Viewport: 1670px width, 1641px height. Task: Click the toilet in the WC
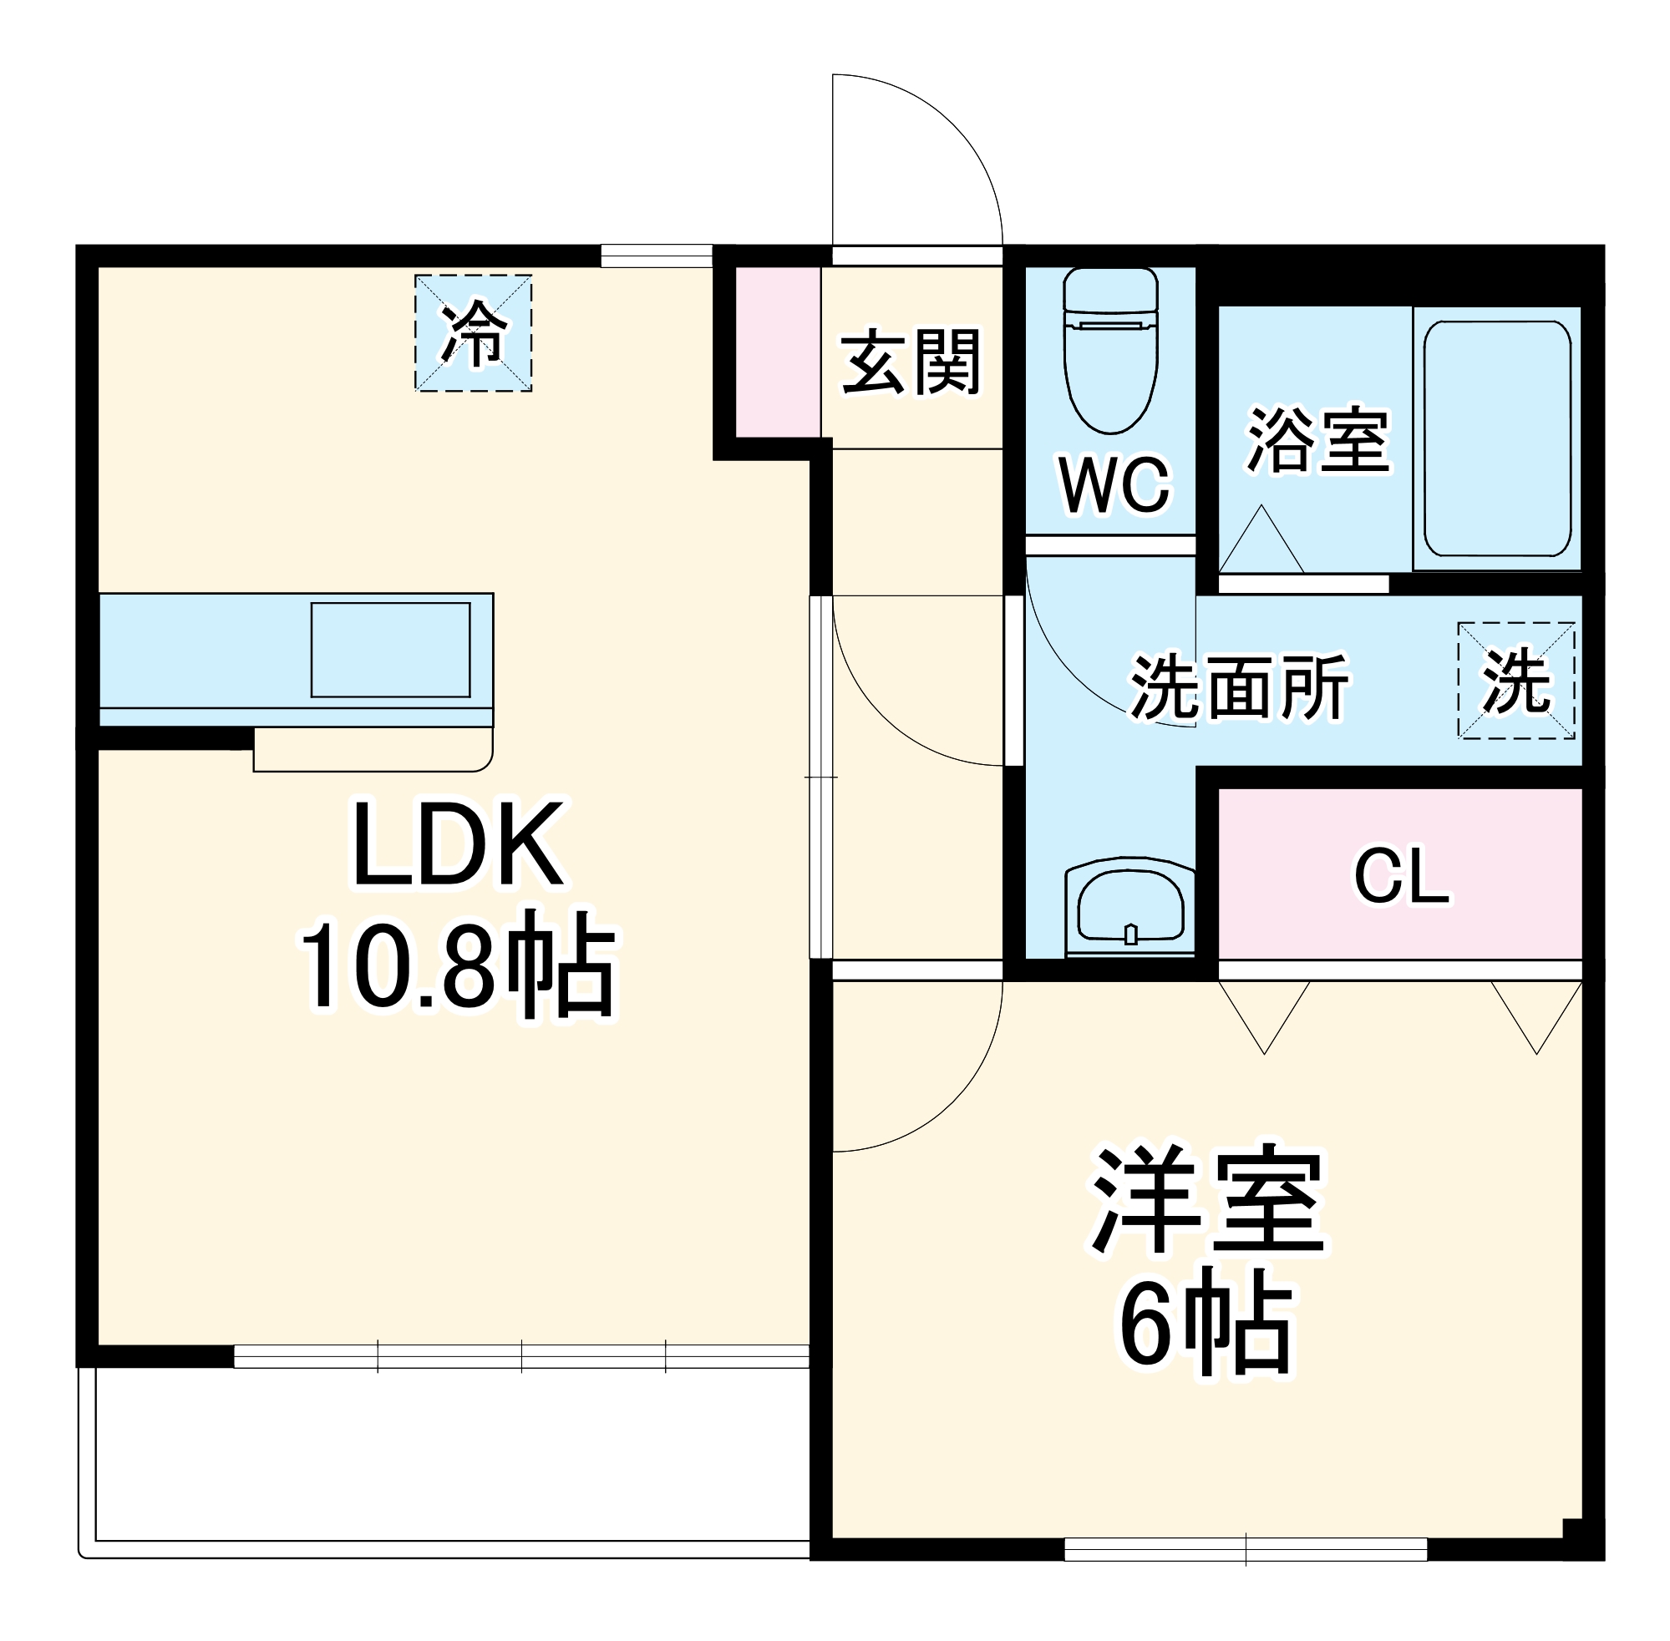point(1109,353)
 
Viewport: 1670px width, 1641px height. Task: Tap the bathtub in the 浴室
point(1496,438)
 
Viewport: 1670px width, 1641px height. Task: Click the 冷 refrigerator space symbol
point(473,332)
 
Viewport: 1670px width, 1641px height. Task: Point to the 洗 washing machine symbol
point(1515,681)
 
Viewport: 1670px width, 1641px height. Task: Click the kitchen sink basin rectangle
point(389,649)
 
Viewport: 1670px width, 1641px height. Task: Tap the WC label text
point(1114,485)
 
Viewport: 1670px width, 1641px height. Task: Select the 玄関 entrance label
point(911,362)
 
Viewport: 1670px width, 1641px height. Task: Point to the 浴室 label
point(1317,439)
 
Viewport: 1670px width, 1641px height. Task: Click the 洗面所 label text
point(1239,687)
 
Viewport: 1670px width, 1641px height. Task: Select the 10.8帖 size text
point(458,964)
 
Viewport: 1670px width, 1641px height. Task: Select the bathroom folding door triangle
point(1261,543)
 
